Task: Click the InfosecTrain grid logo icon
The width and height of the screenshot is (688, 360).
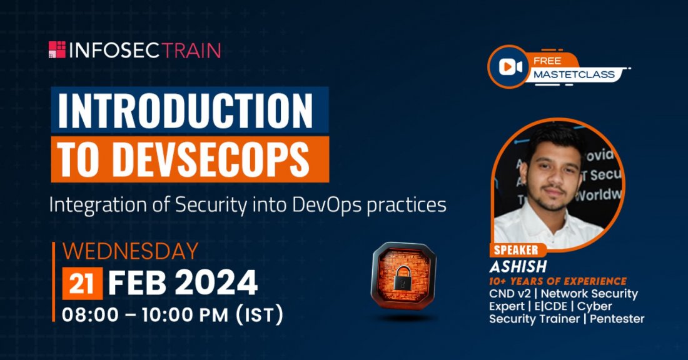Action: click(57, 50)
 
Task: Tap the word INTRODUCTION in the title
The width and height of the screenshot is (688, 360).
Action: click(185, 111)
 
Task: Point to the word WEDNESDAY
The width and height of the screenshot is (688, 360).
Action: click(131, 251)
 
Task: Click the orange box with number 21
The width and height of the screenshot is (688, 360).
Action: click(82, 283)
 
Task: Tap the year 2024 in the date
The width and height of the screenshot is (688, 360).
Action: click(217, 283)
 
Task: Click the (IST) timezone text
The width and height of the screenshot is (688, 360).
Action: click(258, 314)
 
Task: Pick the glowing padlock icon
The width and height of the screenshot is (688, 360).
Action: click(403, 276)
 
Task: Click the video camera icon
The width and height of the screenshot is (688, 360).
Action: click(510, 67)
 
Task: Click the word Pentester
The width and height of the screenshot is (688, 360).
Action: click(618, 319)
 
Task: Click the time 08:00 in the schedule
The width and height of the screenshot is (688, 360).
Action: click(88, 314)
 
